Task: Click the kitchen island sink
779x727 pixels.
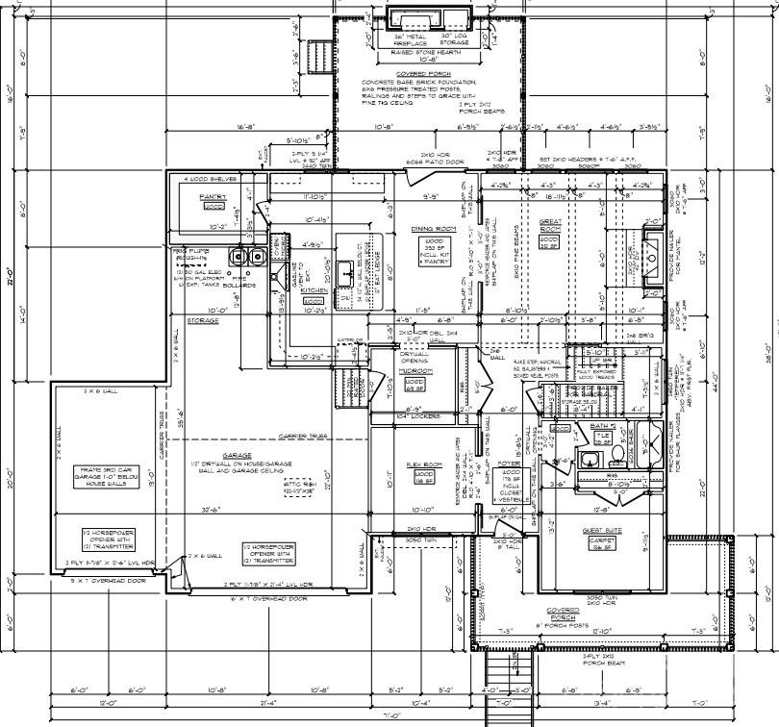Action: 344,267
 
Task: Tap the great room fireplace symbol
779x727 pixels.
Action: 653,239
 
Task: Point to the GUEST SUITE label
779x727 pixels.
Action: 601,530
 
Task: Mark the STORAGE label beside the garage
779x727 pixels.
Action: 203,320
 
